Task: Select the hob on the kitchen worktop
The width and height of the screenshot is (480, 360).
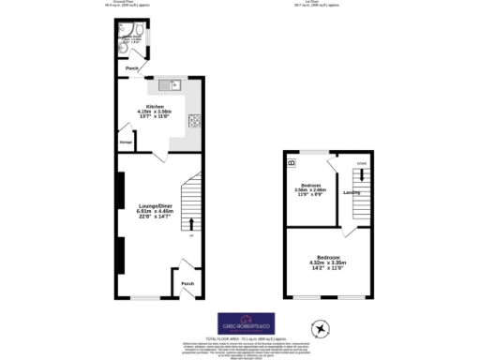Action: pos(195,119)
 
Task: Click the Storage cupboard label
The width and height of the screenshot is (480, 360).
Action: pos(125,142)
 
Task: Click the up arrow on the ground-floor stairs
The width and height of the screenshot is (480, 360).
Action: pos(192,223)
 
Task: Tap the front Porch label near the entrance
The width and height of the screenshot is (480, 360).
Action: pos(187,283)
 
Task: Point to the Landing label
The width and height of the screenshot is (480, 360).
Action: pos(352,193)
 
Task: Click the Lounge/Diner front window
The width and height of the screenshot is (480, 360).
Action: pos(142,299)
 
